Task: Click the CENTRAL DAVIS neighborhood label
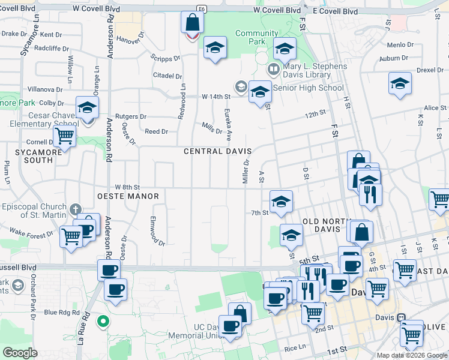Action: coord(217,151)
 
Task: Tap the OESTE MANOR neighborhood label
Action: coord(128,196)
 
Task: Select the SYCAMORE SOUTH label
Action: coord(34,156)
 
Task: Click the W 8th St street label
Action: coord(127,187)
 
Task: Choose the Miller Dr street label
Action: coord(246,172)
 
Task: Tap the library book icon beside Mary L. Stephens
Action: coord(274,70)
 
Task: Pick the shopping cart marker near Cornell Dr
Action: coord(64,136)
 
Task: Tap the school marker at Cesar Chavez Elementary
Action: coord(87,108)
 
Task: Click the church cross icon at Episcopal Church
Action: coord(74,210)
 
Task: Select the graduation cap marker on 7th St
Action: coord(281,202)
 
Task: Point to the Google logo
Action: coord(20,353)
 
